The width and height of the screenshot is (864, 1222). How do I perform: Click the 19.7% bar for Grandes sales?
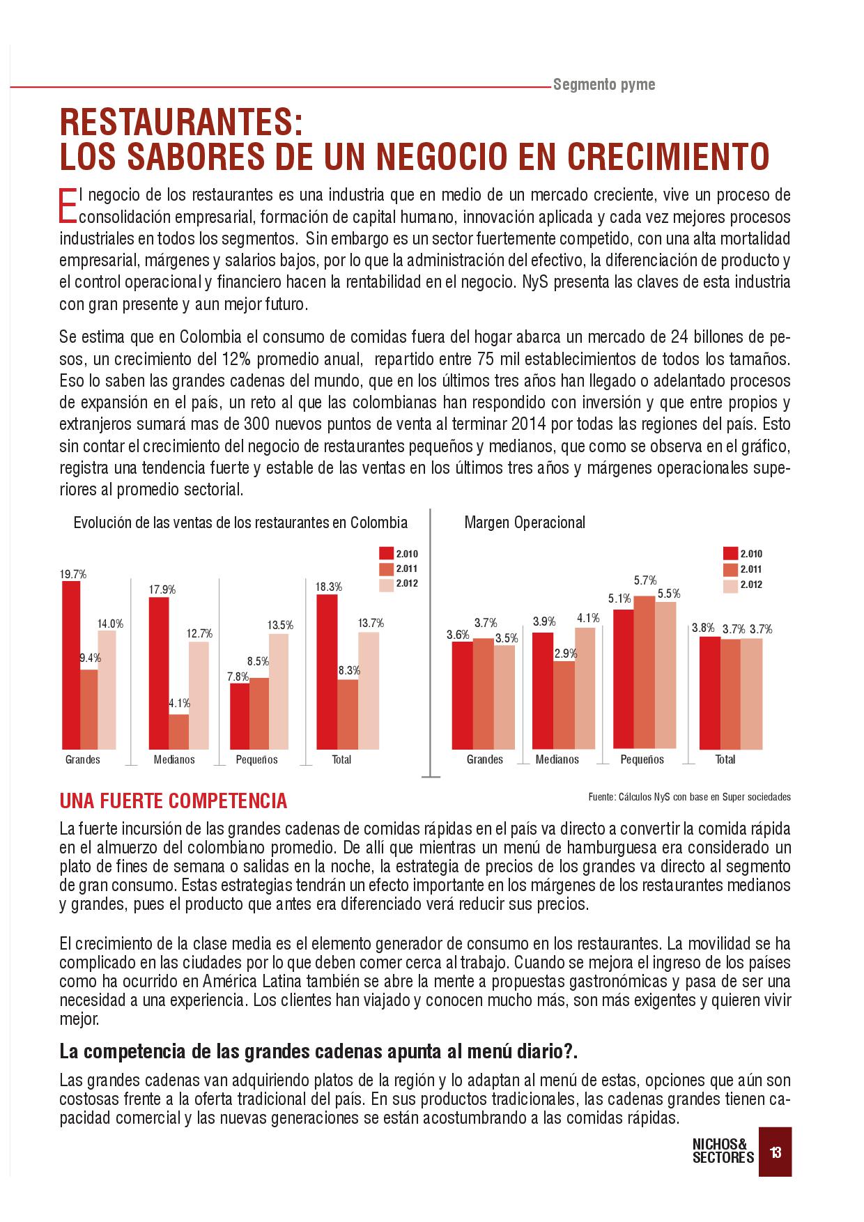(71, 665)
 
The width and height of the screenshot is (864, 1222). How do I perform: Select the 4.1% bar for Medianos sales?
(178, 732)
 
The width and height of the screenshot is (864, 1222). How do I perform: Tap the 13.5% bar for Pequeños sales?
(279, 691)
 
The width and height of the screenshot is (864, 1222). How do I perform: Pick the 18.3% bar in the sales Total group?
(327, 672)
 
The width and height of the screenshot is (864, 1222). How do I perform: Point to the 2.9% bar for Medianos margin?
(564, 704)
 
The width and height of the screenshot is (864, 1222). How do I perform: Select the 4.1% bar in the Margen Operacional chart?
(585, 688)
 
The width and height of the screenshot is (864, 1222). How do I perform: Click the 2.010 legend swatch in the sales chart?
(387, 554)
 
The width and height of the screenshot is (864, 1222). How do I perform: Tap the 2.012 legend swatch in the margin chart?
(730, 585)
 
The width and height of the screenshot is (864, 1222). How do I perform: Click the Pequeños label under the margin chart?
(642, 759)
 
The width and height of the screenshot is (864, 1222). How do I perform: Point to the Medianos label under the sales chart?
(174, 759)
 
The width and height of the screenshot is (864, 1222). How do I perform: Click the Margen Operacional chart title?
(525, 523)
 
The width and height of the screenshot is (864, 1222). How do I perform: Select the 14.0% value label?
(110, 624)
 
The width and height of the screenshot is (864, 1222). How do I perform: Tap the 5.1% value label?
(619, 598)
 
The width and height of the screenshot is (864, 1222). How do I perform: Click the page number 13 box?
(775, 1152)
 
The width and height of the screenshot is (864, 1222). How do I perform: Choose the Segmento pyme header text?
(604, 85)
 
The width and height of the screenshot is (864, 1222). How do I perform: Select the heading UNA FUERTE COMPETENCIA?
(173, 801)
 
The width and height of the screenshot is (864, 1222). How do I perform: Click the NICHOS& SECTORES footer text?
(723, 1151)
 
